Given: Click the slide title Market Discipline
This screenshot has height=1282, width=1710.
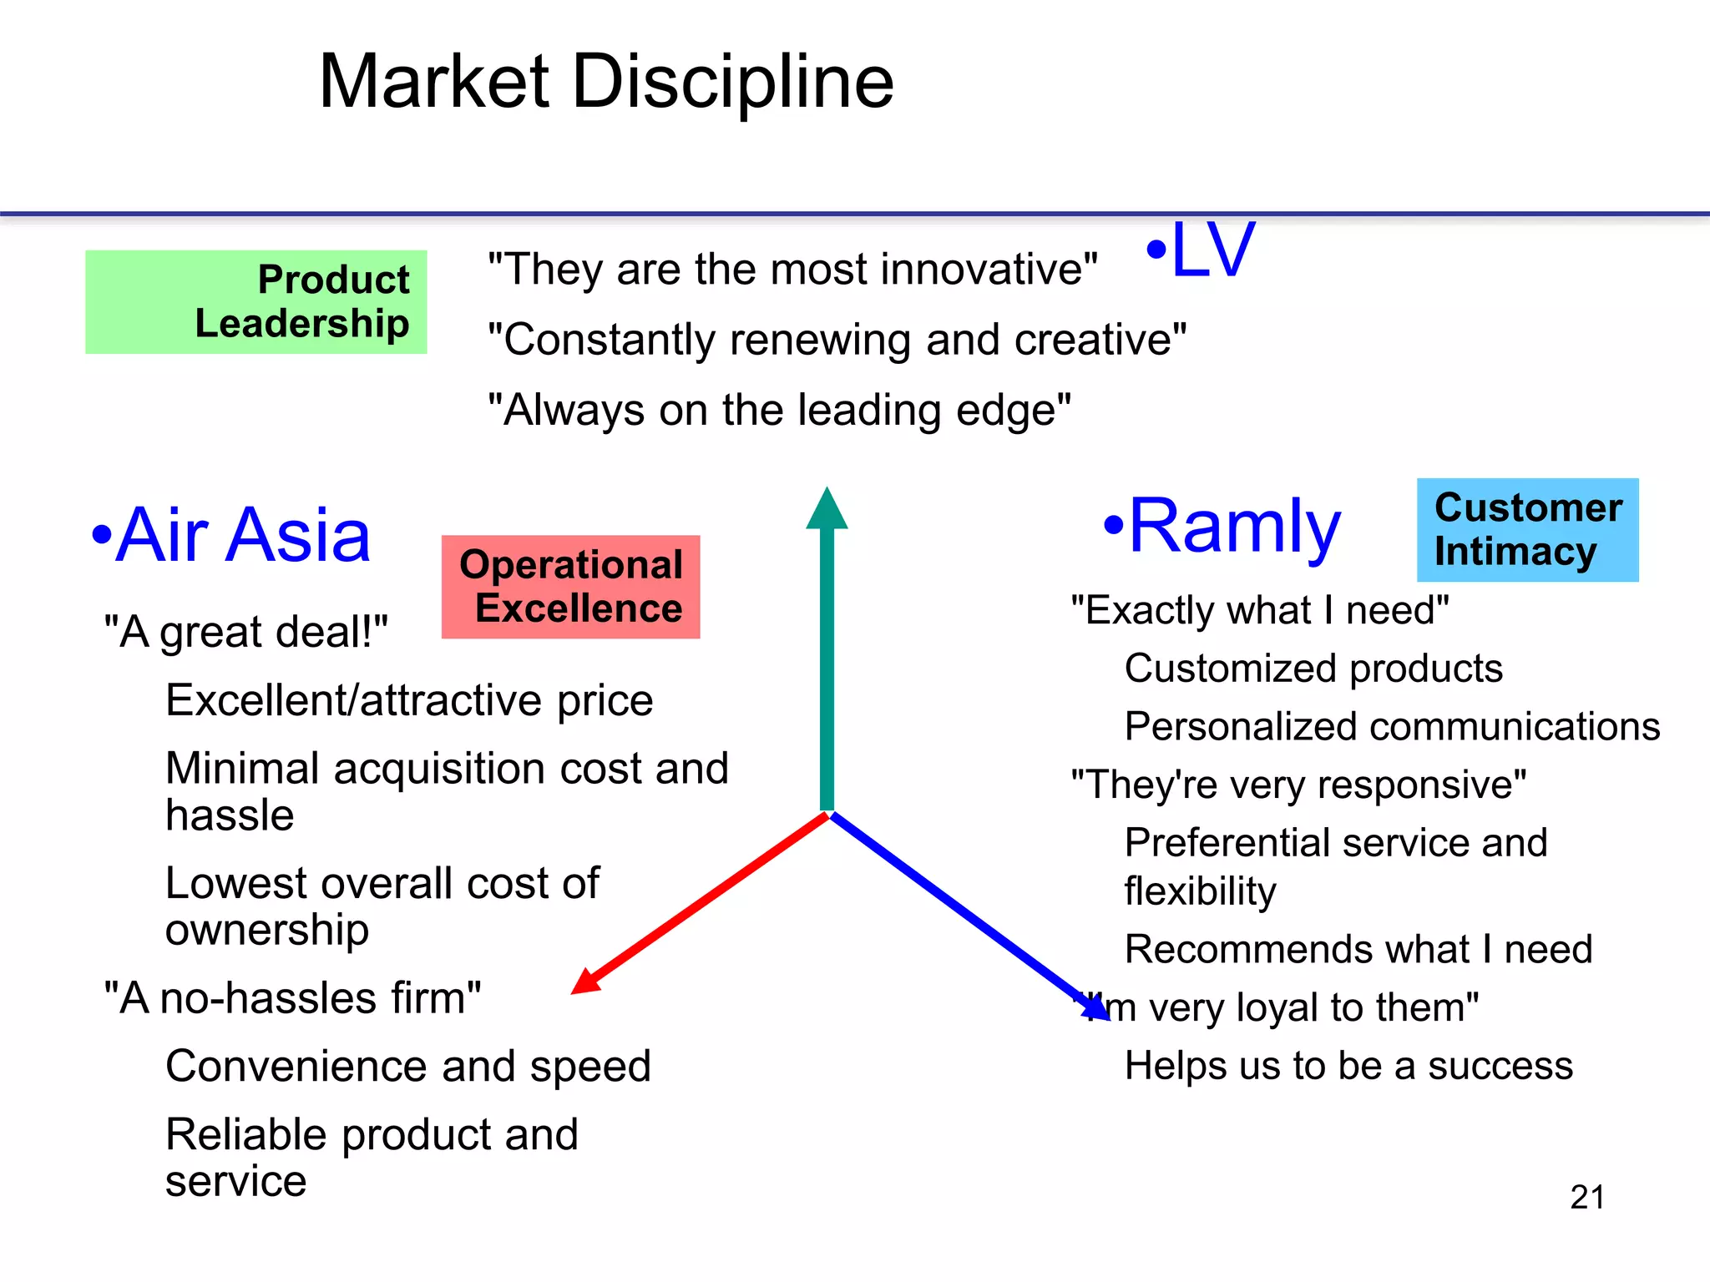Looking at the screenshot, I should [x=606, y=82].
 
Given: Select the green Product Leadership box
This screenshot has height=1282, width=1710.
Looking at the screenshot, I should [x=255, y=302].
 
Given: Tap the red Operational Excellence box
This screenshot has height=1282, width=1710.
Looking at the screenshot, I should [x=570, y=587].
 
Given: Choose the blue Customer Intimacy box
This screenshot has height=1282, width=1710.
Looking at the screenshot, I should [x=1527, y=530].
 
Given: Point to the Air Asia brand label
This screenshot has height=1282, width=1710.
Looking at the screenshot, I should [x=232, y=535].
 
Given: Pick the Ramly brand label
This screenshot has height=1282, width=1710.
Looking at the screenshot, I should [x=1222, y=526].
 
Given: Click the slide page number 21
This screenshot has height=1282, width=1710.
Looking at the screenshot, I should [x=1586, y=1197].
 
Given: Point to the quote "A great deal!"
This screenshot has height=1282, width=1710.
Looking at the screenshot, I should [x=245, y=632].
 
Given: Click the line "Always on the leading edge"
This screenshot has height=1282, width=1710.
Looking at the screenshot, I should [x=779, y=411].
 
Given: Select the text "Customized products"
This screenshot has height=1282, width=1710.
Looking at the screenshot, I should [x=1313, y=669].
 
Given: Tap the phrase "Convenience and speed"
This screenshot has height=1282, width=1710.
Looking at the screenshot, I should [x=408, y=1066].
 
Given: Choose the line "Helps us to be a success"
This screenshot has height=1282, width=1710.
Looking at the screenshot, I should [x=1348, y=1066].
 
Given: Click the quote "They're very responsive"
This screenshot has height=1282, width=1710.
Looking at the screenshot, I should [x=1298, y=785].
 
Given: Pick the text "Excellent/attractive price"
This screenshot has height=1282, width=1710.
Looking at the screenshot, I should [x=409, y=700].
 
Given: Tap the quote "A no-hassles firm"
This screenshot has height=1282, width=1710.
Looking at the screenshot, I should [x=292, y=998].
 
